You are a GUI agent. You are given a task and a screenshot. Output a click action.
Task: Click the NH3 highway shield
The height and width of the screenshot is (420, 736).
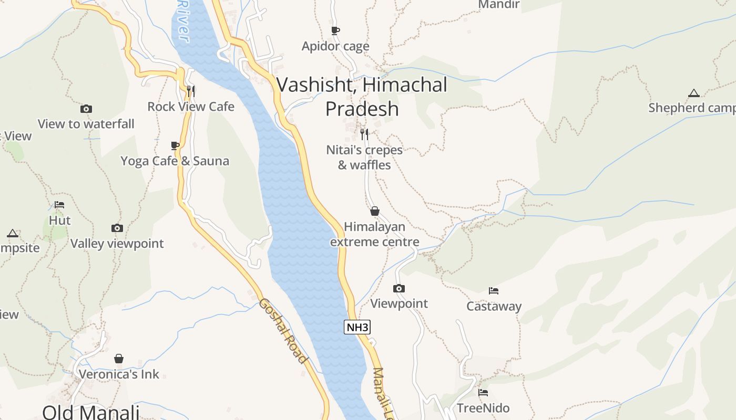357,327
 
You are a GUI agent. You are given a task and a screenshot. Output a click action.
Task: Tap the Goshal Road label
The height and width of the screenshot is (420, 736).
282,331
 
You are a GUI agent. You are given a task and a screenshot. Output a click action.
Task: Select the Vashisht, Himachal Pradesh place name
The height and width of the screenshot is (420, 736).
362,97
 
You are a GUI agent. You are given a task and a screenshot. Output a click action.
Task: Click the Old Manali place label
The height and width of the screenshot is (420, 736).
91,412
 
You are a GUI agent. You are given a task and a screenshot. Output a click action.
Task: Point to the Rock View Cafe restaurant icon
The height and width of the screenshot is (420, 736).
191,91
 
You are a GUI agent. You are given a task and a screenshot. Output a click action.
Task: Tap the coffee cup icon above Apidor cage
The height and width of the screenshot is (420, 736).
335,31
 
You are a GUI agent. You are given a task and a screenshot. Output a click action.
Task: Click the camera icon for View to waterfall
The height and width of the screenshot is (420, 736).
86,109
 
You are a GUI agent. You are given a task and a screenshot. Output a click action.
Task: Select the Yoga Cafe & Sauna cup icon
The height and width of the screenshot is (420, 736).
175,145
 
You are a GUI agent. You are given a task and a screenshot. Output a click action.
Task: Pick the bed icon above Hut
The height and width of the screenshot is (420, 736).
59,205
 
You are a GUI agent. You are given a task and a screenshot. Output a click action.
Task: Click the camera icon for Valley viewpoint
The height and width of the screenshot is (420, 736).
117,228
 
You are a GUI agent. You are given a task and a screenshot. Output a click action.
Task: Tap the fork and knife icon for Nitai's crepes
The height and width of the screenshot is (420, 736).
364,134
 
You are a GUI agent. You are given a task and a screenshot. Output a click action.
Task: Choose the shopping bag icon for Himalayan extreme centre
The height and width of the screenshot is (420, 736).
375,211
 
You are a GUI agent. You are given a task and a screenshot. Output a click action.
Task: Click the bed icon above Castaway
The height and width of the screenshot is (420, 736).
494,291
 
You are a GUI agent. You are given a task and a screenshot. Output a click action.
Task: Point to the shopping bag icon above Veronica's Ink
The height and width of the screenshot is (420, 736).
119,359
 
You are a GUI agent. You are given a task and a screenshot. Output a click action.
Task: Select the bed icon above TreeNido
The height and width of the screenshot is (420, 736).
483,392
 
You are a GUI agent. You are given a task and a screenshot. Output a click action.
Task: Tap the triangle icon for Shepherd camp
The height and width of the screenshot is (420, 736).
694,93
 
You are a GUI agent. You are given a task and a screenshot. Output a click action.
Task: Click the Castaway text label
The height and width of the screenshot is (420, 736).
494,306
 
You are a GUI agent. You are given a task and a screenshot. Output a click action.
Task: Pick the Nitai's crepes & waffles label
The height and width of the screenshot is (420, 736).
364,157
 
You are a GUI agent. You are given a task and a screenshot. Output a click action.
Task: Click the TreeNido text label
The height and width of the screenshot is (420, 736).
483,408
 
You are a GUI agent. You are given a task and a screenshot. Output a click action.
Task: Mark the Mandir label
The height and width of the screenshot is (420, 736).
499,5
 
